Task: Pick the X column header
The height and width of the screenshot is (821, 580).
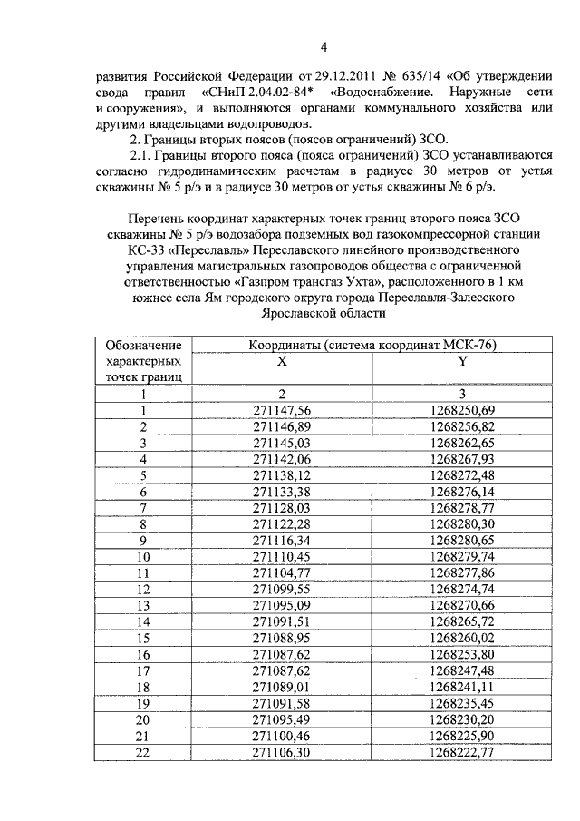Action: (x=282, y=361)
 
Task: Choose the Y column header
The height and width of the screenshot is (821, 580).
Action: (x=462, y=361)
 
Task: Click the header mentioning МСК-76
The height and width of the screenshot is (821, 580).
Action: (x=372, y=345)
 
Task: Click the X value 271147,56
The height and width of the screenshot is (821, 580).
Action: (x=282, y=410)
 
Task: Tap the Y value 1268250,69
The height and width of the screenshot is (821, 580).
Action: (x=463, y=410)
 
